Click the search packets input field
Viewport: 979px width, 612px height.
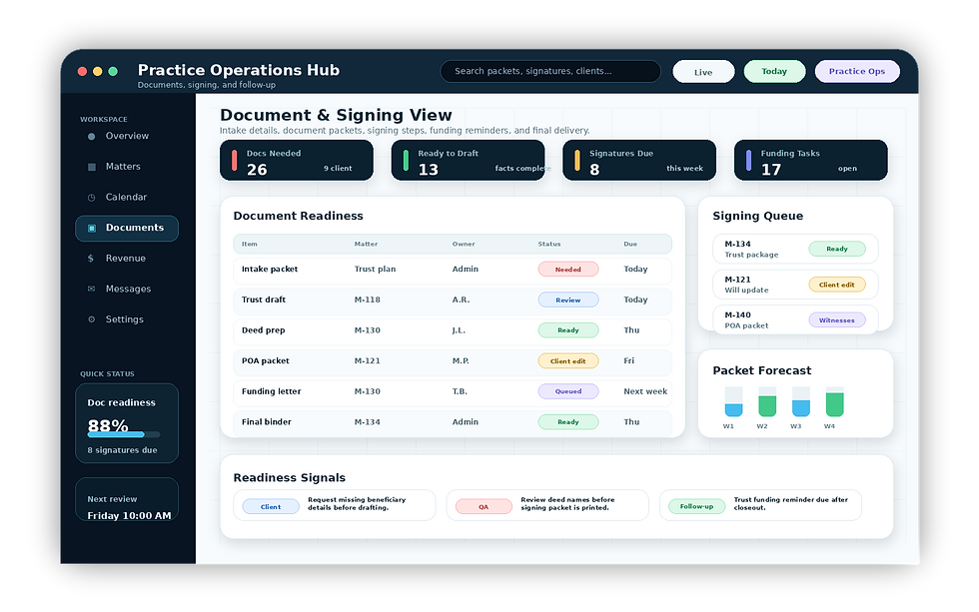[550, 71]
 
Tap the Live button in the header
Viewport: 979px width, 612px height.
[703, 72]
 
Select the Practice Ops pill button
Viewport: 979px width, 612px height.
[857, 71]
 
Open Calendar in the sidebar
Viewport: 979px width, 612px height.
[126, 197]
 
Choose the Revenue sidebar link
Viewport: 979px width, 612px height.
[126, 259]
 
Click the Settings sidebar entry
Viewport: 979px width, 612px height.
[124, 319]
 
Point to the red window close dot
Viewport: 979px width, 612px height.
[82, 71]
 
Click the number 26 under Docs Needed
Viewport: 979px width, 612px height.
[257, 170]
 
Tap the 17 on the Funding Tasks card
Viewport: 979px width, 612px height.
[771, 170]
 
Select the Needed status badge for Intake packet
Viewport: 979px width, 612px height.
[568, 270]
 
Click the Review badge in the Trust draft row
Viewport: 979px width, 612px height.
[568, 301]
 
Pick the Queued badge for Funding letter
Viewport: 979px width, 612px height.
[568, 391]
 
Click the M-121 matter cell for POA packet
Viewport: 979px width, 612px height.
[368, 360]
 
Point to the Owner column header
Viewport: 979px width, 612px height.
[464, 244]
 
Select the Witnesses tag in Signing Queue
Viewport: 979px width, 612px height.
[837, 320]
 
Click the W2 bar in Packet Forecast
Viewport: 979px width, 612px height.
[767, 401]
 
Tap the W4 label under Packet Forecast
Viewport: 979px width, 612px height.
[829, 426]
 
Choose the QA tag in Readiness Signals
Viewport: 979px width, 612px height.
[484, 506]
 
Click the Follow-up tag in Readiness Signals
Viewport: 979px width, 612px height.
[696, 506]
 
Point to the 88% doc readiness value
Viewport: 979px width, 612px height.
[108, 425]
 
